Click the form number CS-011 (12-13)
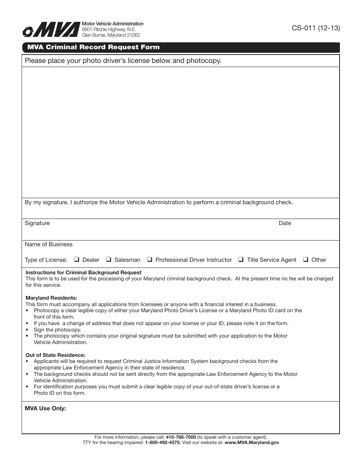click(316, 28)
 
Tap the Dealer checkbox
click(76, 260)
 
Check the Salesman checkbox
click(108, 260)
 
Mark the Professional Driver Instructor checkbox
click(149, 260)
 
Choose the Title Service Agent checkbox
click(241, 260)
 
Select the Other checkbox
click(305, 260)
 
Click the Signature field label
click(37, 223)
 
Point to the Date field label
click(285, 223)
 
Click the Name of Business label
click(49, 244)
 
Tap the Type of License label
click(46, 260)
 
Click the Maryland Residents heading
click(51, 298)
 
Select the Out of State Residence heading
click(55, 355)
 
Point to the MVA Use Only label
click(45, 408)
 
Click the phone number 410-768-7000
click(181, 437)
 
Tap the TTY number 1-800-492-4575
click(162, 442)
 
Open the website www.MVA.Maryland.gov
click(252, 442)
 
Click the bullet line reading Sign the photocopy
click(57, 330)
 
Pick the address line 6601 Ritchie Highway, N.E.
click(109, 29)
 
